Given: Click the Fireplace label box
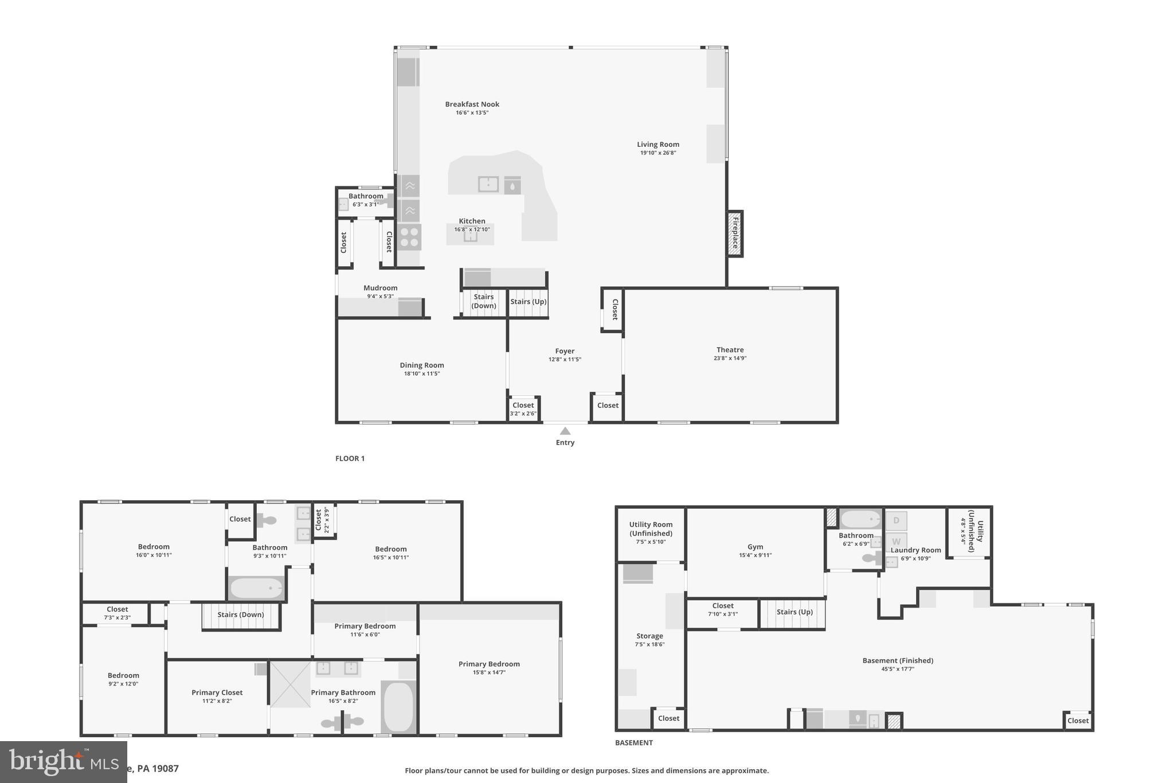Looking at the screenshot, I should point(734,233).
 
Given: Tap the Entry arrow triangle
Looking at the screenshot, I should point(565,431).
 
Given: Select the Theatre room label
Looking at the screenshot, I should point(730,350).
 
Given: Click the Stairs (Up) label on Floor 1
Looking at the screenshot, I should point(528,302).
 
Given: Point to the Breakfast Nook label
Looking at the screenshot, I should point(472,104).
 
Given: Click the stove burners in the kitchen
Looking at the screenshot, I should point(409,237).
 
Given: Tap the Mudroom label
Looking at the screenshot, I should point(380,288).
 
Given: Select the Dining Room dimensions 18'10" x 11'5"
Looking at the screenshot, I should point(422,374).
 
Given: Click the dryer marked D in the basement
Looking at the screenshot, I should point(896,521).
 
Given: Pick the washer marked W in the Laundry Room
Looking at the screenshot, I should point(896,542).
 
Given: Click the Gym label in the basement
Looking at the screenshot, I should point(755,547).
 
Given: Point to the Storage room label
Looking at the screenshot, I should point(649,636).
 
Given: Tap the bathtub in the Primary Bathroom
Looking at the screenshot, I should point(398,707).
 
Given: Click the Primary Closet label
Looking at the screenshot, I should point(217,692).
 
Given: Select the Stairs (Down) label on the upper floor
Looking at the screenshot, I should point(241,615).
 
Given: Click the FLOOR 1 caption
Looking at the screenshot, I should point(350,458).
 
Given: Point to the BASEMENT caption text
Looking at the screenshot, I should point(633,743).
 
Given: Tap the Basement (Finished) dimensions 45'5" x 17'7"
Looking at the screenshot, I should point(897,669).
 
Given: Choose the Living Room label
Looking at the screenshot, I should point(658,145).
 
